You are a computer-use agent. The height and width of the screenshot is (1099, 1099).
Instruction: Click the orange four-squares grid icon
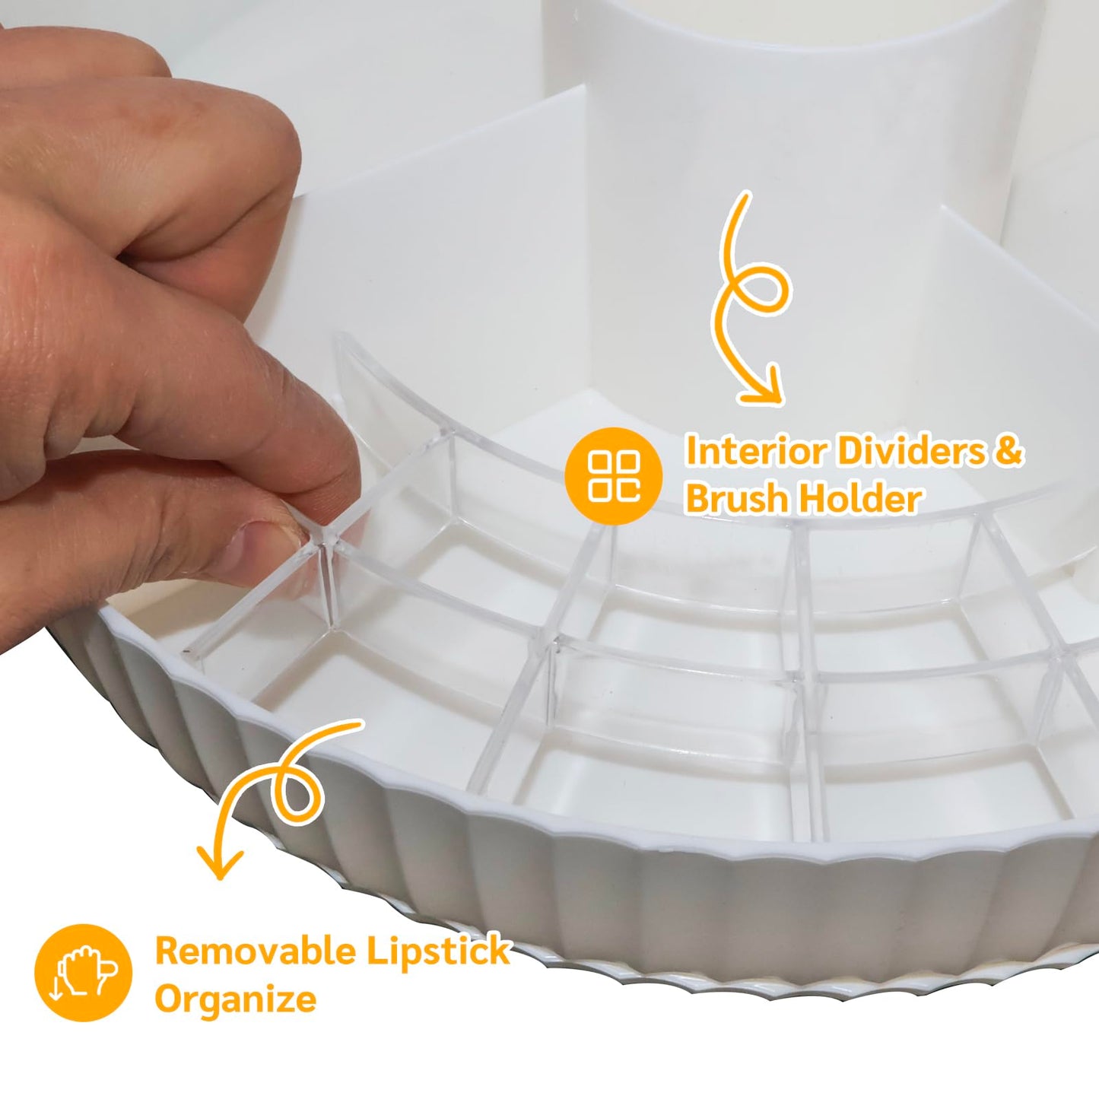(614, 475)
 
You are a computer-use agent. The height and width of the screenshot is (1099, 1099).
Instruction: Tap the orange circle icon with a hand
(83, 973)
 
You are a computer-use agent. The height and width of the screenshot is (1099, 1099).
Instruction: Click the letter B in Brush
(699, 498)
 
